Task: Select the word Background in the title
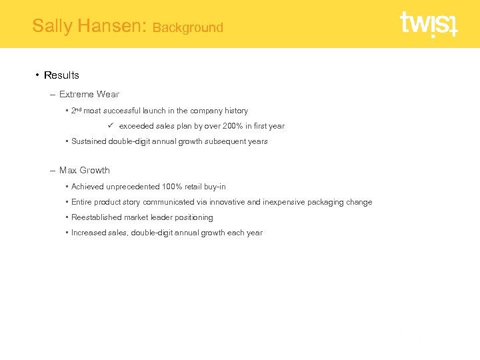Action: tap(187, 27)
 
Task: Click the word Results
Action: tap(61, 75)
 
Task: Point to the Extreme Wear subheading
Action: tap(89, 94)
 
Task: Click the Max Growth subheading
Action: tap(84, 170)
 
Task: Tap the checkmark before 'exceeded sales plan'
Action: tap(111, 125)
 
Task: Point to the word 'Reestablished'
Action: tap(96, 217)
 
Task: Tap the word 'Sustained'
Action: tap(88, 141)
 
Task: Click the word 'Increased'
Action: tap(89, 233)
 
